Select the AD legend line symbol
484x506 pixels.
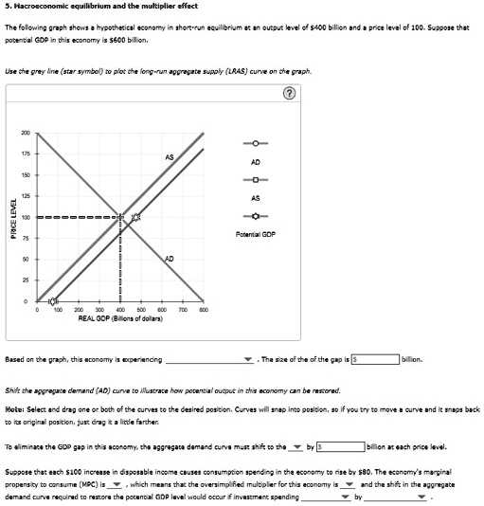click(x=255, y=144)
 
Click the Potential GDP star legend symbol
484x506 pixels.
click(x=255, y=215)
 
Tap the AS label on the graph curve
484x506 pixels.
click(x=169, y=156)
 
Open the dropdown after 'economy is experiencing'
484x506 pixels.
click(x=248, y=360)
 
